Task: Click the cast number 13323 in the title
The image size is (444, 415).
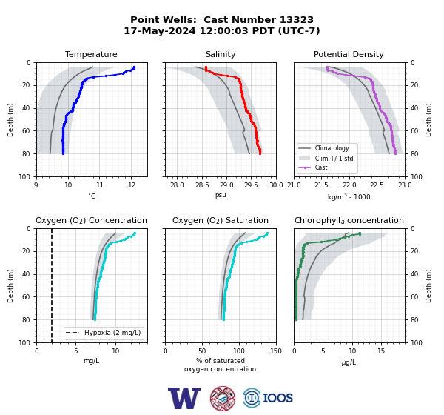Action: tap(297, 20)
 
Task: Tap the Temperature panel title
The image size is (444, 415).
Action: tap(91, 54)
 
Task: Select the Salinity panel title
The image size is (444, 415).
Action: tap(221, 54)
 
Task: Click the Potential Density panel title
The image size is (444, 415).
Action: tap(349, 54)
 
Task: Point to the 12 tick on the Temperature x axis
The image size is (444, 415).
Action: tap(132, 185)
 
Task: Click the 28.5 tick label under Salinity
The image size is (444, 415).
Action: tap(202, 185)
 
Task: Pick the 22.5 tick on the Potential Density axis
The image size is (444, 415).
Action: tap(377, 185)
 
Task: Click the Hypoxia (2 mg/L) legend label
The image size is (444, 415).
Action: tap(112, 333)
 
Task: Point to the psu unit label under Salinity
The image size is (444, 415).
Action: tap(221, 195)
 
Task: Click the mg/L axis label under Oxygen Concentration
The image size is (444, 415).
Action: tap(91, 361)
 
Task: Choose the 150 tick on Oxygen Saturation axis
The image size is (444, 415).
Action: tap(276, 351)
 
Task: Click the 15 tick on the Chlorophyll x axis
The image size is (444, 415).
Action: tap(381, 351)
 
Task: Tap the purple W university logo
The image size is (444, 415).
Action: tap(184, 398)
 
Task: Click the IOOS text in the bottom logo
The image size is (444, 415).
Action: tap(277, 398)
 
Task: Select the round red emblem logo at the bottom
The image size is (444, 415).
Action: tap(223, 398)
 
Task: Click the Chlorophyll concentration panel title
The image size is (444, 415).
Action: tap(349, 220)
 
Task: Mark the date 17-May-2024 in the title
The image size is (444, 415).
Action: tap(160, 30)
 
